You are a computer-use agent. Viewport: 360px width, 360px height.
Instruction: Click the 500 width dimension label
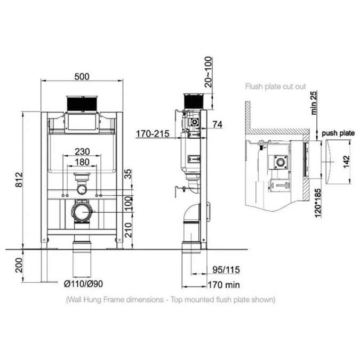(82, 76)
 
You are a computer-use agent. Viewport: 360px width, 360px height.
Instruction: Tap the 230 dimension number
(82, 151)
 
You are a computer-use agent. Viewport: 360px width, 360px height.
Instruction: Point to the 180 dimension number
(82, 162)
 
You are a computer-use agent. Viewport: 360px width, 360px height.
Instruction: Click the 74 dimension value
(217, 124)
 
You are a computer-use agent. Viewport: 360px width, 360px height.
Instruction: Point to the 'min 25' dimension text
(315, 102)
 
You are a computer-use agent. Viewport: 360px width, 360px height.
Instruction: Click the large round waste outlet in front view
(82, 212)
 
